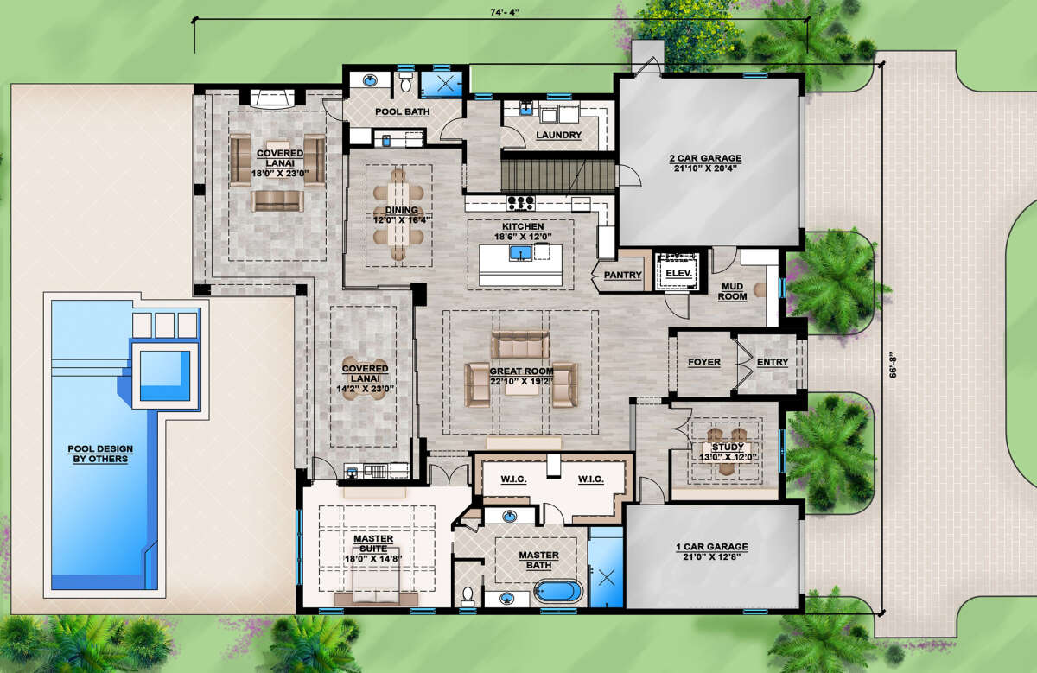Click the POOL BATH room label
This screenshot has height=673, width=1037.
(403, 112)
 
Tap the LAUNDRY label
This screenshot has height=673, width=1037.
(559, 135)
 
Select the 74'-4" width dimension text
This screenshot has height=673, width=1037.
(505, 12)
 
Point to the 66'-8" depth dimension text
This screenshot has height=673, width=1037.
(893, 365)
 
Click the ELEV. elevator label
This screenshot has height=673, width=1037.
(678, 273)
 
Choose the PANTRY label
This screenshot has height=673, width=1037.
(623, 275)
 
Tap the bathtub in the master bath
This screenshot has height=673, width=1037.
(558, 592)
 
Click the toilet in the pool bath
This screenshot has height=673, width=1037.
(405, 82)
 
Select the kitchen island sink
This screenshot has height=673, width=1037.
(520, 253)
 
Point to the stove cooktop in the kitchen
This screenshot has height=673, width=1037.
(521, 203)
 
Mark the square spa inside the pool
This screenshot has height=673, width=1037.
(165, 376)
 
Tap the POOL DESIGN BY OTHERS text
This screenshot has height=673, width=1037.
(100, 454)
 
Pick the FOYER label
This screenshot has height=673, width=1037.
(704, 362)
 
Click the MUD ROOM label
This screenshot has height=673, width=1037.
(733, 292)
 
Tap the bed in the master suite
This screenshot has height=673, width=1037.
(376, 575)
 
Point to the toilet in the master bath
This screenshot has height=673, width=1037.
(468, 596)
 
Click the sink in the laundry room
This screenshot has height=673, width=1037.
(526, 109)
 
